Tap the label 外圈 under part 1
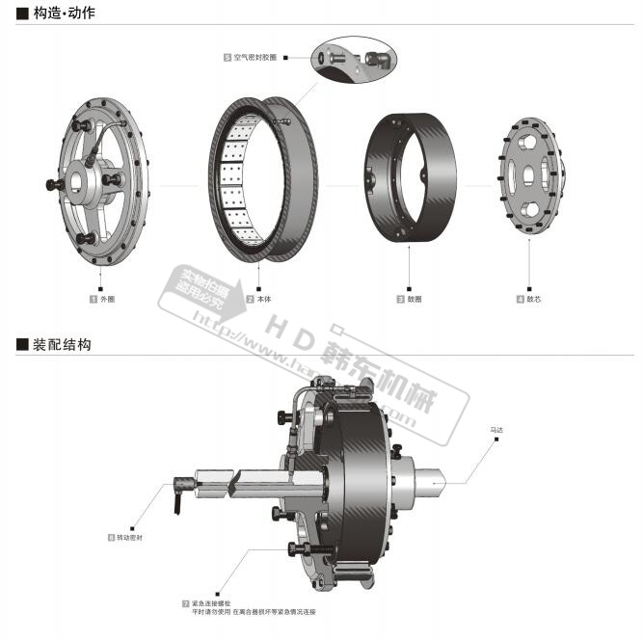(x=107, y=299)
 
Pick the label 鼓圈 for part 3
(x=415, y=299)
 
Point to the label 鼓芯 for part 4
(x=533, y=299)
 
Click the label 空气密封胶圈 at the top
(x=255, y=58)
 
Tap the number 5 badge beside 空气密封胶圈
(x=227, y=58)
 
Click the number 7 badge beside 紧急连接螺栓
(x=185, y=602)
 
